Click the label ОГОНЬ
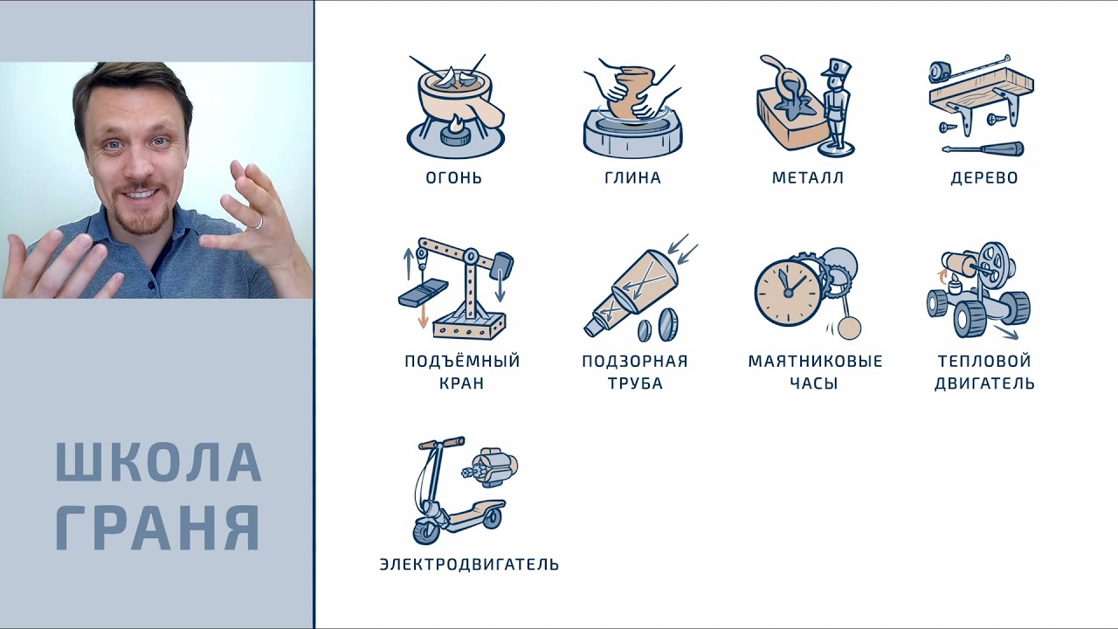pyautogui.click(x=453, y=177)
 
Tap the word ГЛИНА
pyautogui.click(x=633, y=177)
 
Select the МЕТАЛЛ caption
pyautogui.click(x=808, y=177)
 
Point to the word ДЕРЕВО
pyautogui.click(x=984, y=177)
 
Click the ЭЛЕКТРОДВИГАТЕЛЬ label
pyautogui.click(x=469, y=564)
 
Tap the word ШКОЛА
pyautogui.click(x=158, y=462)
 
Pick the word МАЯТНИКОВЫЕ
pyautogui.click(x=815, y=361)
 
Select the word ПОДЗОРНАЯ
pyautogui.click(x=635, y=361)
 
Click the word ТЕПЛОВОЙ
pyautogui.click(x=984, y=360)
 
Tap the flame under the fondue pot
pyautogui.click(x=456, y=123)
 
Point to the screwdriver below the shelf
pyautogui.click(x=983, y=149)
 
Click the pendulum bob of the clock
pyautogui.click(x=850, y=328)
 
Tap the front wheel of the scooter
pyautogui.click(x=427, y=530)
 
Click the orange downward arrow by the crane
pyautogui.click(x=424, y=314)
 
